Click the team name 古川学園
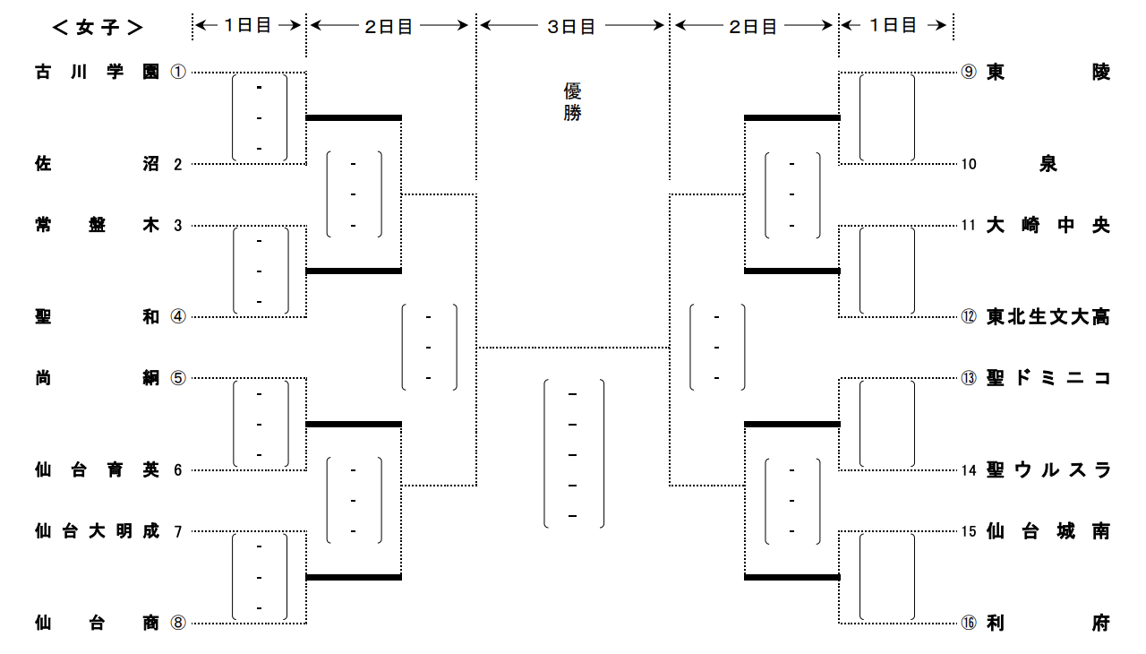click(x=98, y=73)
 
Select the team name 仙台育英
click(x=98, y=469)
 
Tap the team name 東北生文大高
click(x=1048, y=317)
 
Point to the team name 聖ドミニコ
click(x=1048, y=378)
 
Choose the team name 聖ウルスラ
click(x=1048, y=469)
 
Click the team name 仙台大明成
click(x=98, y=531)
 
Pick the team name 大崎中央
click(x=1048, y=226)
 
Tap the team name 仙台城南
click(x=1048, y=531)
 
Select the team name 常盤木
click(x=98, y=226)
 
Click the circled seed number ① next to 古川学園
click(x=177, y=73)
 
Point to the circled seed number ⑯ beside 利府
click(x=969, y=624)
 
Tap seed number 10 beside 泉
click(x=969, y=164)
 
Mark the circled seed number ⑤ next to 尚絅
click(x=177, y=378)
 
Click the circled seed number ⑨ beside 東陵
click(x=969, y=73)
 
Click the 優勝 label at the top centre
click(x=573, y=102)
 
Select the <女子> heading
click(x=98, y=27)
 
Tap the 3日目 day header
click(x=572, y=27)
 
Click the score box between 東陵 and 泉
click(x=887, y=117)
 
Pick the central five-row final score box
click(x=574, y=454)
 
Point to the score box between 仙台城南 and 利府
click(x=887, y=577)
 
